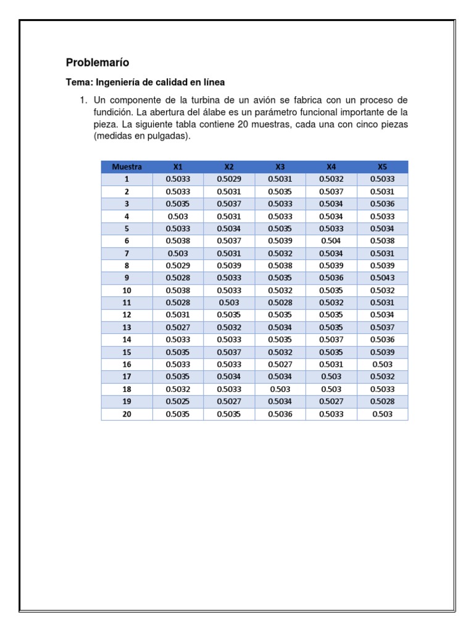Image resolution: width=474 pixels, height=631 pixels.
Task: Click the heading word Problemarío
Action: coord(98,62)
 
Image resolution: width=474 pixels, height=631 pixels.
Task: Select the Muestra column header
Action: coord(127,166)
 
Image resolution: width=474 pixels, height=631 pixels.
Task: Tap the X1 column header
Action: coord(178,166)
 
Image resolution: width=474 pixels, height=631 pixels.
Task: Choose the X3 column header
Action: coord(280,166)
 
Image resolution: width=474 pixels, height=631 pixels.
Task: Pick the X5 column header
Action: coord(382,166)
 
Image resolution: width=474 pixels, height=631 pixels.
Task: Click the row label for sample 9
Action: coord(127,278)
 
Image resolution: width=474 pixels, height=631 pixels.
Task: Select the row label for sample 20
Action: coord(127,414)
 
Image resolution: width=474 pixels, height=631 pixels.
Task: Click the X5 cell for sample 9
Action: coord(382,278)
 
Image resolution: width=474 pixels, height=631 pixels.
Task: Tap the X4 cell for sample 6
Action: coord(331,241)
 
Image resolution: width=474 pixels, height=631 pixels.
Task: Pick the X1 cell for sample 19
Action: coord(178,402)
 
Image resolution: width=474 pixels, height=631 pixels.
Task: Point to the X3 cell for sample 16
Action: coord(280,364)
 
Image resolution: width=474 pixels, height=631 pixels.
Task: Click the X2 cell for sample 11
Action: coord(229,303)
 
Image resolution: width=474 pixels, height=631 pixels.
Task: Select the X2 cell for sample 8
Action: coord(229,266)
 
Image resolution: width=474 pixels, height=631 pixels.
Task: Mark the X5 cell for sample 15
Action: coord(382,352)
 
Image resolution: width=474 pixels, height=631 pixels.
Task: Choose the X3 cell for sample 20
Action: coord(280,414)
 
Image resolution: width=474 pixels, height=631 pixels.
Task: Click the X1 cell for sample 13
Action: coord(178,327)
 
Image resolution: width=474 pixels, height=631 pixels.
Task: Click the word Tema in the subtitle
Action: coord(78,82)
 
